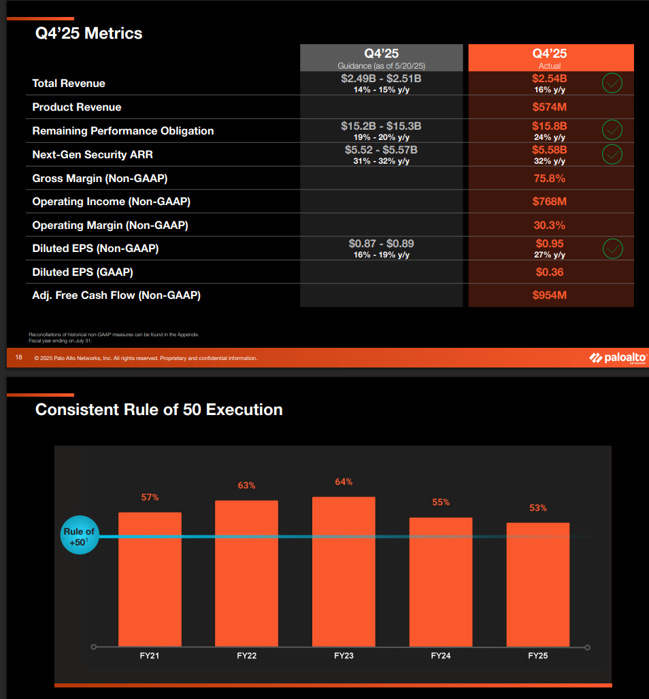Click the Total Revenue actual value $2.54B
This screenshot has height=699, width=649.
tap(550, 79)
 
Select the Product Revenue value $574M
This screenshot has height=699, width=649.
tap(550, 107)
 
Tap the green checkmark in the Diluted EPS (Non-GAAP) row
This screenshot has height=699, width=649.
tap(613, 249)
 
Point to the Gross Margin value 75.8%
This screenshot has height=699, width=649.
tap(550, 178)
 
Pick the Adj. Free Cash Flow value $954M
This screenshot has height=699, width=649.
tap(550, 295)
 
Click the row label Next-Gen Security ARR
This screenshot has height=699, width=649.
tap(93, 155)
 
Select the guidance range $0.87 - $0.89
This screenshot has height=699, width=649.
tap(381, 243)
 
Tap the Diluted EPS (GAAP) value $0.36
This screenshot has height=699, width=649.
tap(550, 272)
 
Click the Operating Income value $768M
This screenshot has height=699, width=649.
tap(550, 202)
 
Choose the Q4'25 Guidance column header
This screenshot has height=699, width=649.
tap(381, 58)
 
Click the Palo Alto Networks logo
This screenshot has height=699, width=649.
tap(617, 358)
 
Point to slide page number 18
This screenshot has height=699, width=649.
tap(19, 358)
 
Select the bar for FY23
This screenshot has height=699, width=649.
tap(344, 571)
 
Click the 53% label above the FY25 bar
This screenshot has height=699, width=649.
tap(538, 508)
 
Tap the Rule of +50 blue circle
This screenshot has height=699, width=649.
tap(80, 537)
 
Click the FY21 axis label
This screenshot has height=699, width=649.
tap(150, 656)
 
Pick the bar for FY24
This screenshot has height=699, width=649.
tap(441, 581)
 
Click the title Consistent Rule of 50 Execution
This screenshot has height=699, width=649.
tap(159, 410)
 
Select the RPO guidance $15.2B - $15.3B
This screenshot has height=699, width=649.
tap(381, 126)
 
